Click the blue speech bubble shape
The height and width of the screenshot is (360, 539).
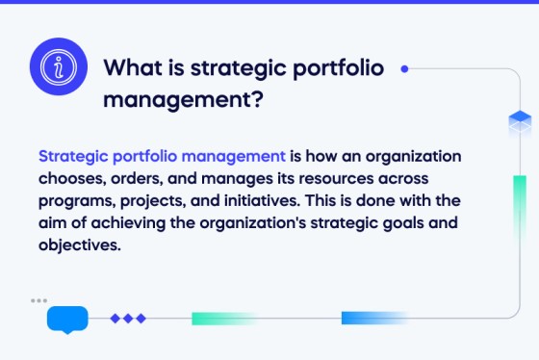pos(67,319)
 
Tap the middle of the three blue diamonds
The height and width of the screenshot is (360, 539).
pos(128,318)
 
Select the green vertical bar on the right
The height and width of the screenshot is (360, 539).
pos(520,202)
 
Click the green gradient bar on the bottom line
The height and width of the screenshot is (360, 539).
pos(223,318)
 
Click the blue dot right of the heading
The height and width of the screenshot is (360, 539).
pos(404,68)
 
